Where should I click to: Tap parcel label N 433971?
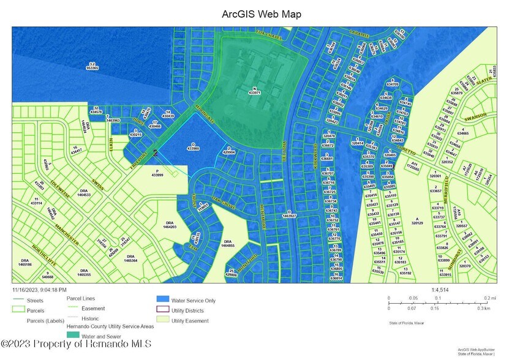(255, 90)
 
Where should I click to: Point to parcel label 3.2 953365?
(92, 66)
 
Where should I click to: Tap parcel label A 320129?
(418, 221)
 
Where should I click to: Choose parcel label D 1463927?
(289, 214)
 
